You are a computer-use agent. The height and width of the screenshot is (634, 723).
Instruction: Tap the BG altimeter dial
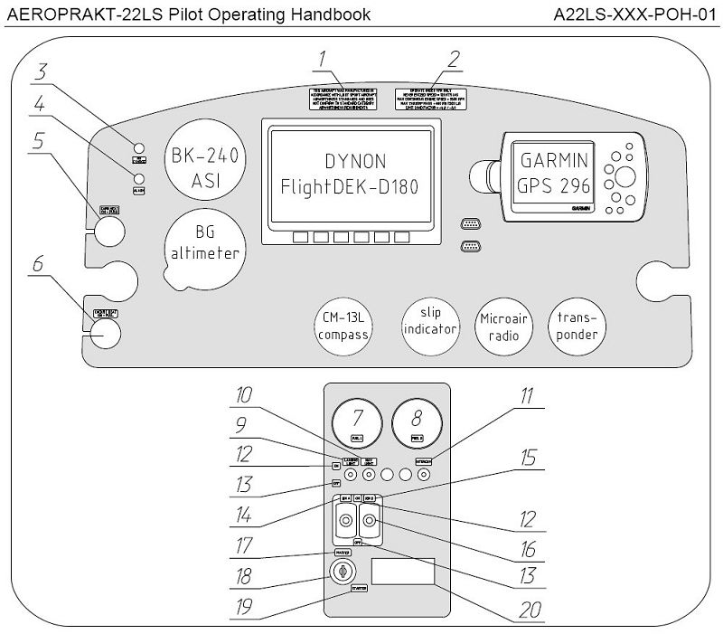click(x=204, y=242)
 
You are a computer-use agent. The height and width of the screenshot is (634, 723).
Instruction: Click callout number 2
click(x=455, y=60)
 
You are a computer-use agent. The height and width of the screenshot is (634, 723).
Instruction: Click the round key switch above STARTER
click(x=342, y=571)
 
